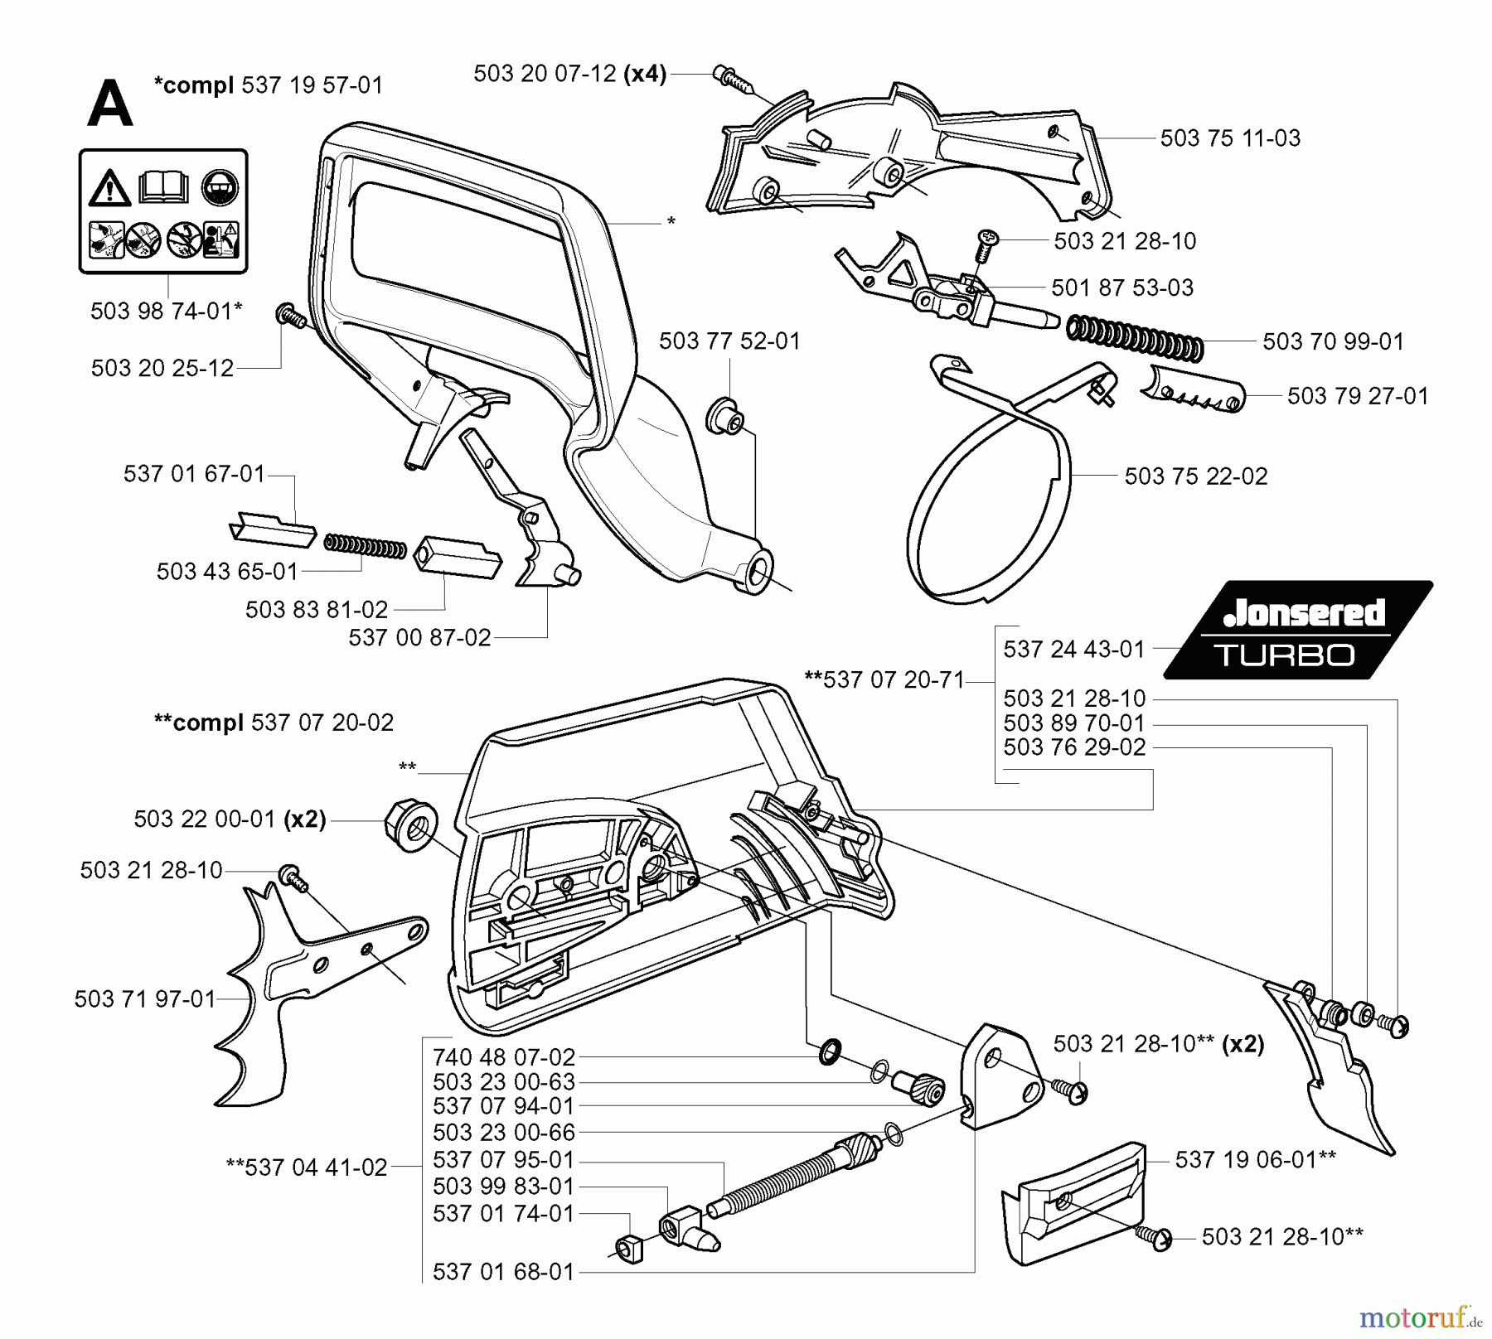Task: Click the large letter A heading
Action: click(109, 105)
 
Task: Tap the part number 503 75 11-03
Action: click(1229, 138)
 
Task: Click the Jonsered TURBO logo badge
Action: click(1298, 629)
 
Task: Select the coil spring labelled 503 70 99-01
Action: click(1134, 336)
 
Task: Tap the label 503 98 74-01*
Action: click(166, 311)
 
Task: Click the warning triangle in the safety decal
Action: click(110, 189)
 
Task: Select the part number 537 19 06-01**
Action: click(1255, 1159)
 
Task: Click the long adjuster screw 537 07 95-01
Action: click(796, 1177)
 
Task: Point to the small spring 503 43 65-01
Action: click(364, 546)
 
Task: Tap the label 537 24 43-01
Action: click(1073, 649)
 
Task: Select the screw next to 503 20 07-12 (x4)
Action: click(729, 76)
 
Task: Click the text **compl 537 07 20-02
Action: click(274, 723)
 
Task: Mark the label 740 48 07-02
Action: click(503, 1057)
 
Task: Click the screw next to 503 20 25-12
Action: click(288, 315)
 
